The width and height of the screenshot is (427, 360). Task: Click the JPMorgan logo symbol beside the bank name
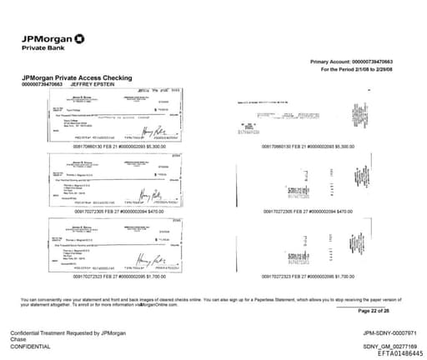[78, 38]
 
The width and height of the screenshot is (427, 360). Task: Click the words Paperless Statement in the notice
[304, 276]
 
